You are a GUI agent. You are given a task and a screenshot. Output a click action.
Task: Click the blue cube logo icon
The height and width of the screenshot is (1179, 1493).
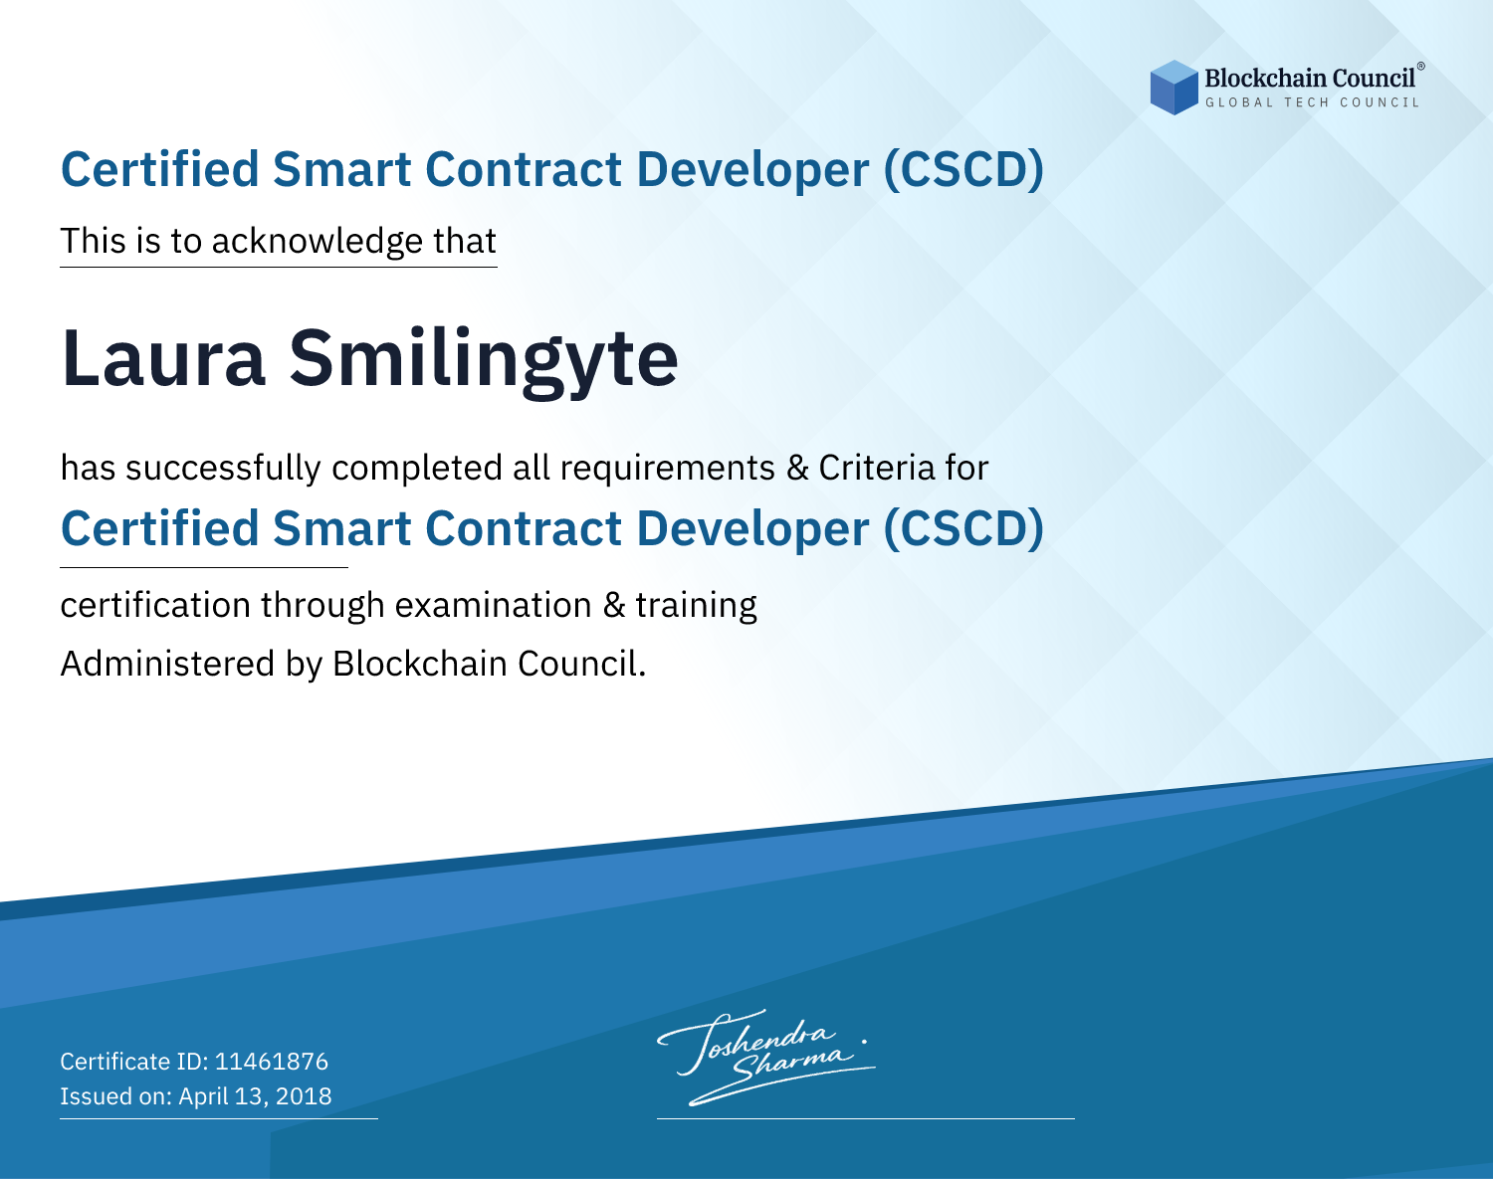click(x=1173, y=88)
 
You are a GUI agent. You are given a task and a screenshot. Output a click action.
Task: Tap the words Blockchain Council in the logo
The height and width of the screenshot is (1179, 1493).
click(x=1310, y=79)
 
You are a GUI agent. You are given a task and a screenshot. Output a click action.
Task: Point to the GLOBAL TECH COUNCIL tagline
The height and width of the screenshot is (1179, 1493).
click(x=1312, y=102)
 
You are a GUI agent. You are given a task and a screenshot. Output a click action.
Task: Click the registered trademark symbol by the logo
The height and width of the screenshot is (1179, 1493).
click(x=1421, y=67)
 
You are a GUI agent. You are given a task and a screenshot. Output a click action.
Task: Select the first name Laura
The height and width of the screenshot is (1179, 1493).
click(x=163, y=358)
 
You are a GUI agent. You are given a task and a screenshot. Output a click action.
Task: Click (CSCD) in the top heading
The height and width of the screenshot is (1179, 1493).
click(x=963, y=169)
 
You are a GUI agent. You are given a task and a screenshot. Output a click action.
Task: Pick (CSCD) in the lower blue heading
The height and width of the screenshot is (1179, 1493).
click(x=963, y=529)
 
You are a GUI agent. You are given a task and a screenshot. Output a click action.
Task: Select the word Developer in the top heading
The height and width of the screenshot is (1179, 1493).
click(x=752, y=170)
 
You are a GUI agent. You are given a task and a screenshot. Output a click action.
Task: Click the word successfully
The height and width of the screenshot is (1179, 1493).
click(x=223, y=469)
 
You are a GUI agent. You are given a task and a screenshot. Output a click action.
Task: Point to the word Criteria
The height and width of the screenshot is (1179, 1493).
click(x=876, y=468)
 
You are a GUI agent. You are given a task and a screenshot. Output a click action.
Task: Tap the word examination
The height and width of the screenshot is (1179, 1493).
click(x=494, y=605)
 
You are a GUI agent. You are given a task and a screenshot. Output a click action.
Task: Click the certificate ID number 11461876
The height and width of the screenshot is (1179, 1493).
click(x=272, y=1061)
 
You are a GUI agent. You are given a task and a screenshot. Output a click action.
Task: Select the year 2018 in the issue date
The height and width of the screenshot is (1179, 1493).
click(x=304, y=1095)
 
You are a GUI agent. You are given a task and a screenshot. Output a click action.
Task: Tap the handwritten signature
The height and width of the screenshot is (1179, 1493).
click(x=766, y=1057)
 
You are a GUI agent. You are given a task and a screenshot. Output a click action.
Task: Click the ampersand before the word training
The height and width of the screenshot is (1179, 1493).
click(x=614, y=605)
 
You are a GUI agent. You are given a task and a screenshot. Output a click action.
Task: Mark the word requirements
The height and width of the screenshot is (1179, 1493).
click(x=668, y=469)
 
